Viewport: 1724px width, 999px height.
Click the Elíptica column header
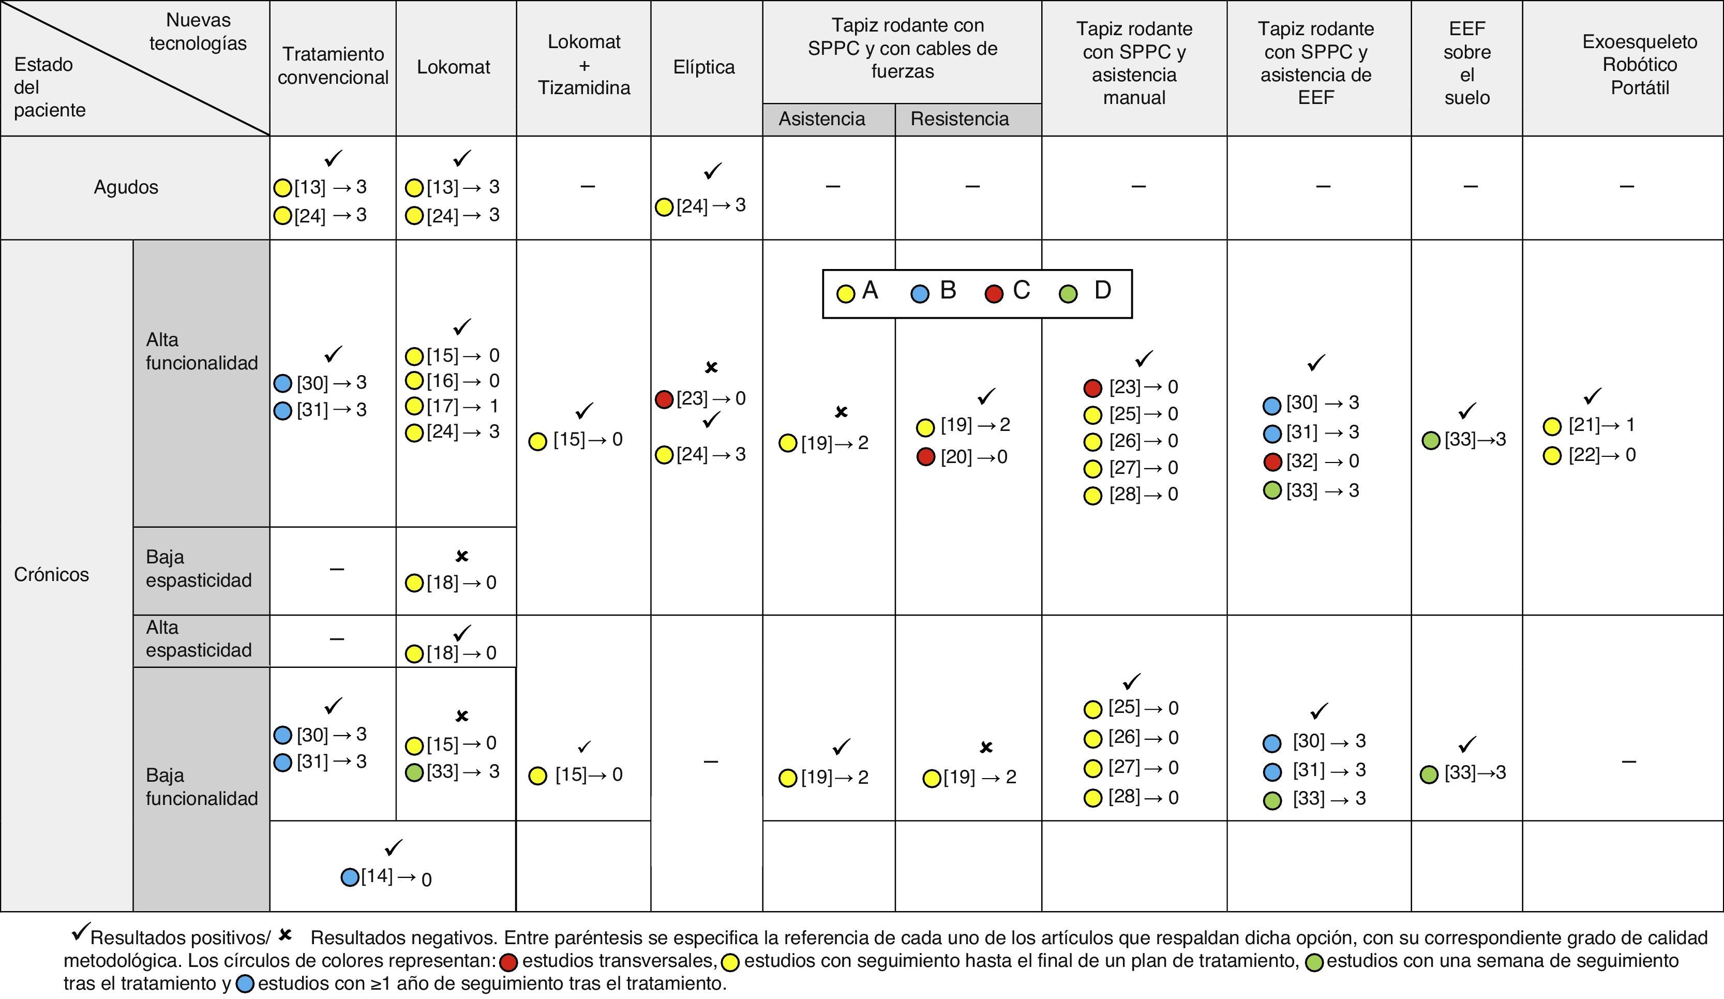pyautogui.click(x=704, y=67)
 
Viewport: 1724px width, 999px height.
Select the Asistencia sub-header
pyautogui.click(x=821, y=119)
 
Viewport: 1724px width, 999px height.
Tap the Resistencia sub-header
pyautogui.click(x=959, y=119)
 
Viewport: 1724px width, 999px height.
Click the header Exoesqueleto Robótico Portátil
pyautogui.click(x=1639, y=64)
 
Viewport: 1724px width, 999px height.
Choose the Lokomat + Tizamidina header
pyautogui.click(x=583, y=64)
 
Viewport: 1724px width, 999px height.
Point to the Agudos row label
pyautogui.click(x=126, y=187)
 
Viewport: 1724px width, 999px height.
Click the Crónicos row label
pyautogui.click(x=51, y=574)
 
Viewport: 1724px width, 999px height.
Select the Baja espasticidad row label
pyautogui.click(x=199, y=569)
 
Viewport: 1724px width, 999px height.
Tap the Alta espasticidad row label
pyautogui.click(x=199, y=638)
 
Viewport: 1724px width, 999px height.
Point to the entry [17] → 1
pyautogui.click(x=462, y=406)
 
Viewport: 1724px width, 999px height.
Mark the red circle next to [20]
pyautogui.click(x=926, y=457)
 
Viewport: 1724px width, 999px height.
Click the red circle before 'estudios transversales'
pyautogui.click(x=508, y=963)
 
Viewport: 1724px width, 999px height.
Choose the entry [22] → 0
pyautogui.click(x=1601, y=455)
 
